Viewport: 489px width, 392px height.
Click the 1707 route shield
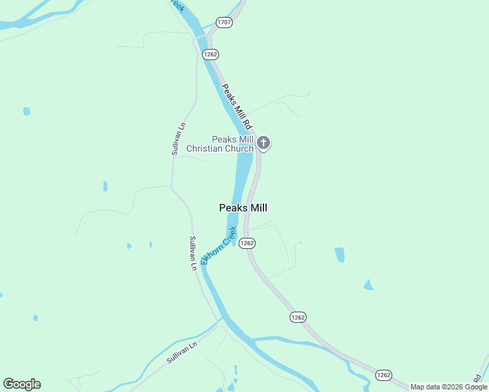224,22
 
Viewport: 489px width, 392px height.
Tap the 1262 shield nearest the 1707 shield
210,54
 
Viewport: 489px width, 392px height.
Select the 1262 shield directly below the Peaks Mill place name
246,243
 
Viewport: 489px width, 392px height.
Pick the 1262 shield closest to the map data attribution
383,374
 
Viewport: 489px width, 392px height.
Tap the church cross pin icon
263,142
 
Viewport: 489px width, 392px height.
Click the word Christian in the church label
205,149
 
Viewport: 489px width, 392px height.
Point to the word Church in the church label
239,149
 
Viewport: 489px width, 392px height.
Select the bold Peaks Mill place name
243,208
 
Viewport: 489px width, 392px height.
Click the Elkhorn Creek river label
218,246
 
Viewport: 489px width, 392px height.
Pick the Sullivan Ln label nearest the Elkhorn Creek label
193,253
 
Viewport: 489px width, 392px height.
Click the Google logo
22,384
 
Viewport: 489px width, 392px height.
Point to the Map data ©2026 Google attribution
448,387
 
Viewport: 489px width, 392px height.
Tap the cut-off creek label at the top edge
176,5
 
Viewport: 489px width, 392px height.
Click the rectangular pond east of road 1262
339,255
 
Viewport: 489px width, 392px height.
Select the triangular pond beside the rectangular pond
369,285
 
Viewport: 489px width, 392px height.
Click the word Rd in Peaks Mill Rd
248,123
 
